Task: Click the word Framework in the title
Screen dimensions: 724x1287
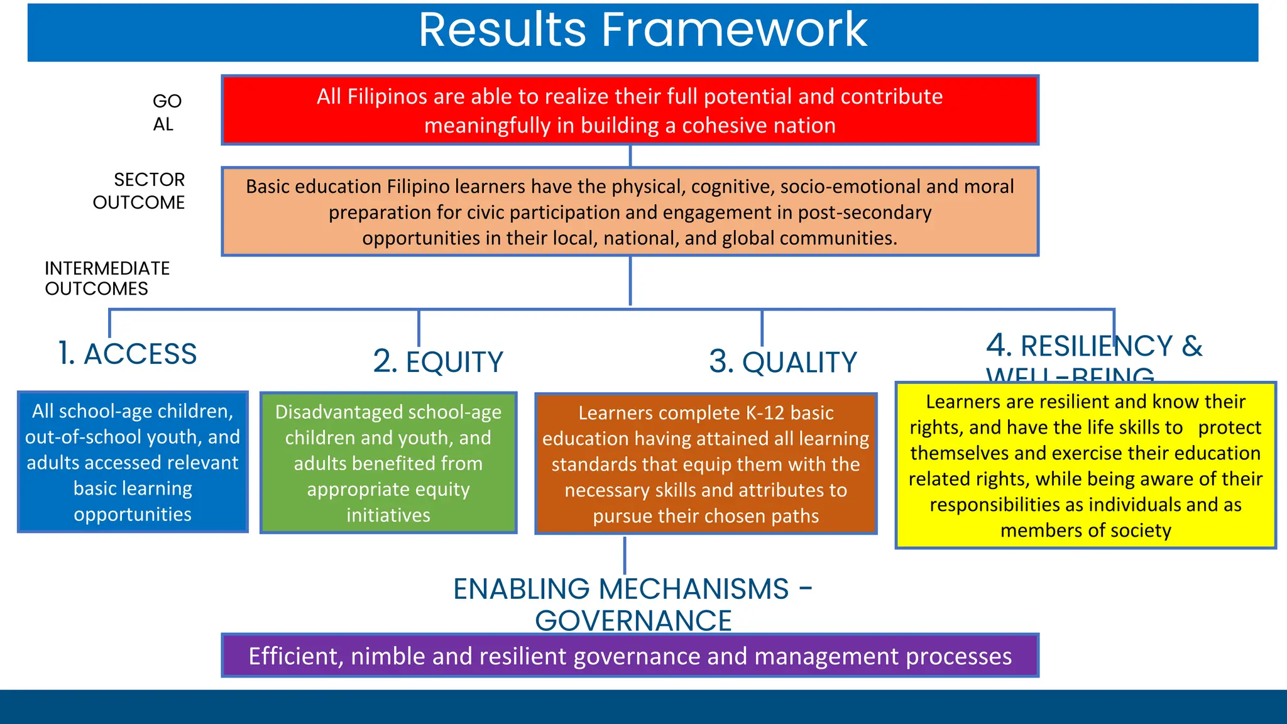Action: point(734,30)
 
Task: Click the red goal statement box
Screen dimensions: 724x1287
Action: point(630,111)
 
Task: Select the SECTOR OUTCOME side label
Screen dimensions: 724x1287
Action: point(139,191)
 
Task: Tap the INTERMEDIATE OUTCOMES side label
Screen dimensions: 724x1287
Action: point(107,278)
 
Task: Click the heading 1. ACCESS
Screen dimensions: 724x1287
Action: point(128,354)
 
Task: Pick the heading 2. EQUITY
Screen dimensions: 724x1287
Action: point(438,362)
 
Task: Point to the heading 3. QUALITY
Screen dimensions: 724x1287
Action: point(783,363)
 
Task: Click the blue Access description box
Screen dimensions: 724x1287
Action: point(133,462)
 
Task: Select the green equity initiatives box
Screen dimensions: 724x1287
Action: point(388,463)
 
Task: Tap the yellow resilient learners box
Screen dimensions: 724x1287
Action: point(1085,465)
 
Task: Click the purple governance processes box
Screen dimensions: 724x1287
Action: point(630,655)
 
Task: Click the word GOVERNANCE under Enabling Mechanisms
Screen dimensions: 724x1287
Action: point(633,621)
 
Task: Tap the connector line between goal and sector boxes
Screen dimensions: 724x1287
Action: point(630,156)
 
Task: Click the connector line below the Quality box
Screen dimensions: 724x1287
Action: point(625,554)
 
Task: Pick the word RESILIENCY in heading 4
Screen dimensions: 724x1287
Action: point(1097,346)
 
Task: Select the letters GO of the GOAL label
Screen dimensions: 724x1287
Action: point(167,101)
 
